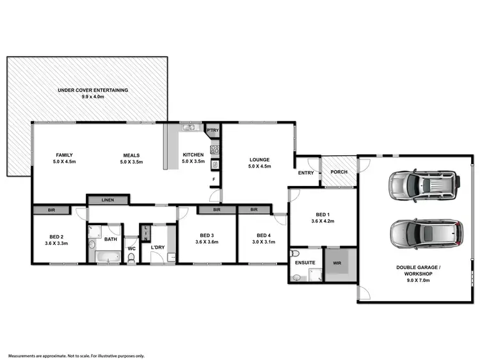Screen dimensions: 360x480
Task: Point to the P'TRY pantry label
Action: point(212,130)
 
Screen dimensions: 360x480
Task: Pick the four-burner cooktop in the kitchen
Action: point(215,150)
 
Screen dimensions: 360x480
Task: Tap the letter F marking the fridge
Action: point(214,179)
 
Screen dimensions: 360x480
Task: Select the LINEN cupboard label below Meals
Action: point(108,200)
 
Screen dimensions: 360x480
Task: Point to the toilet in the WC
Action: point(131,258)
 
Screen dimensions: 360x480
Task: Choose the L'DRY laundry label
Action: point(158,247)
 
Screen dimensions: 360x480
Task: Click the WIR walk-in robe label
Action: point(337,262)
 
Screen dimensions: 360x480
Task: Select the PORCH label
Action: point(339,171)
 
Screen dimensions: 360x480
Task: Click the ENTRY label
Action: point(306,172)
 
